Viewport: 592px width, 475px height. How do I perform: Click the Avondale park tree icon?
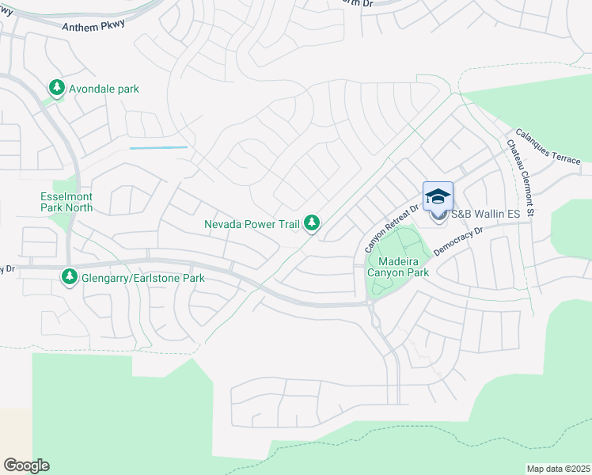(x=56, y=88)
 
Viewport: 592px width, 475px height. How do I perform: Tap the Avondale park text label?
(x=104, y=89)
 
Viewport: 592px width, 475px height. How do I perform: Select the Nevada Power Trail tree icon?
(x=313, y=224)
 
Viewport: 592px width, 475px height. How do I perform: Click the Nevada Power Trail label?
(x=252, y=224)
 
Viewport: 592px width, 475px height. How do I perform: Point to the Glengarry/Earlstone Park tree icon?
(x=70, y=278)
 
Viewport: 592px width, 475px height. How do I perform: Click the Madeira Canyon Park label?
(x=403, y=267)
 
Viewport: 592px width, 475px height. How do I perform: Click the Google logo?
(x=26, y=465)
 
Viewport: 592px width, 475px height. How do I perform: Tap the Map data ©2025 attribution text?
(x=558, y=469)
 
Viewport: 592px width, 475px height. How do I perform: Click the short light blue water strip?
(x=158, y=148)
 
